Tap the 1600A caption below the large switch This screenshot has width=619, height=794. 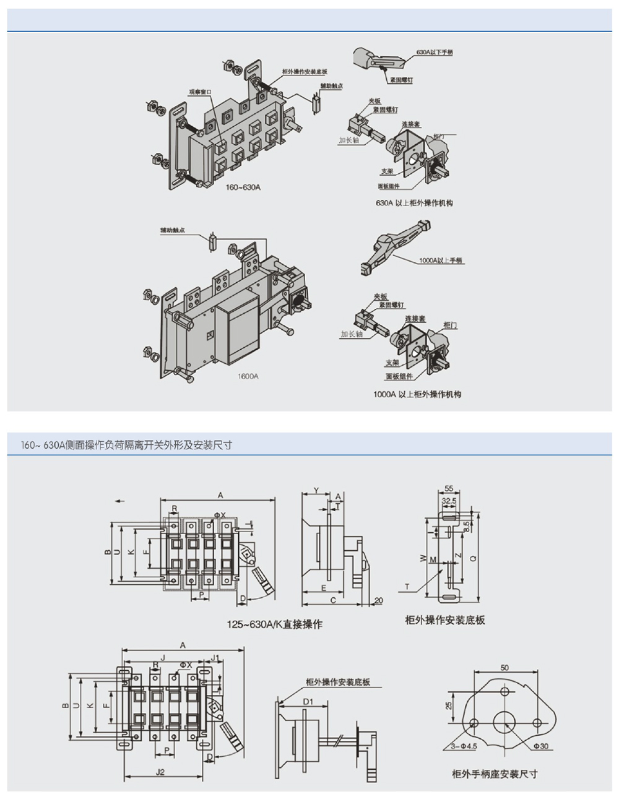point(248,376)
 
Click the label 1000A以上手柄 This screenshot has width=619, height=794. point(441,261)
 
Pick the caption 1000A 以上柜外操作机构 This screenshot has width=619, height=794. point(417,394)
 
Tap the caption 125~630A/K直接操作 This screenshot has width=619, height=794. point(274,624)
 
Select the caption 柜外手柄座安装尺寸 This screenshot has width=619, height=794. point(495,774)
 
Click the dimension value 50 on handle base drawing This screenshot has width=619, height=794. point(504,668)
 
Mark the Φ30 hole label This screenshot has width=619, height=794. point(542,746)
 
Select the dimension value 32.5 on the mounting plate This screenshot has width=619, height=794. point(450,500)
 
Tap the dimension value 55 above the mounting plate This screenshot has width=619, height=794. point(449,488)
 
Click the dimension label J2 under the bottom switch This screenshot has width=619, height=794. point(160,772)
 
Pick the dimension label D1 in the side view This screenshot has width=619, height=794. point(308,701)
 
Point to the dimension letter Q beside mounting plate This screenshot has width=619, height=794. point(473,558)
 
